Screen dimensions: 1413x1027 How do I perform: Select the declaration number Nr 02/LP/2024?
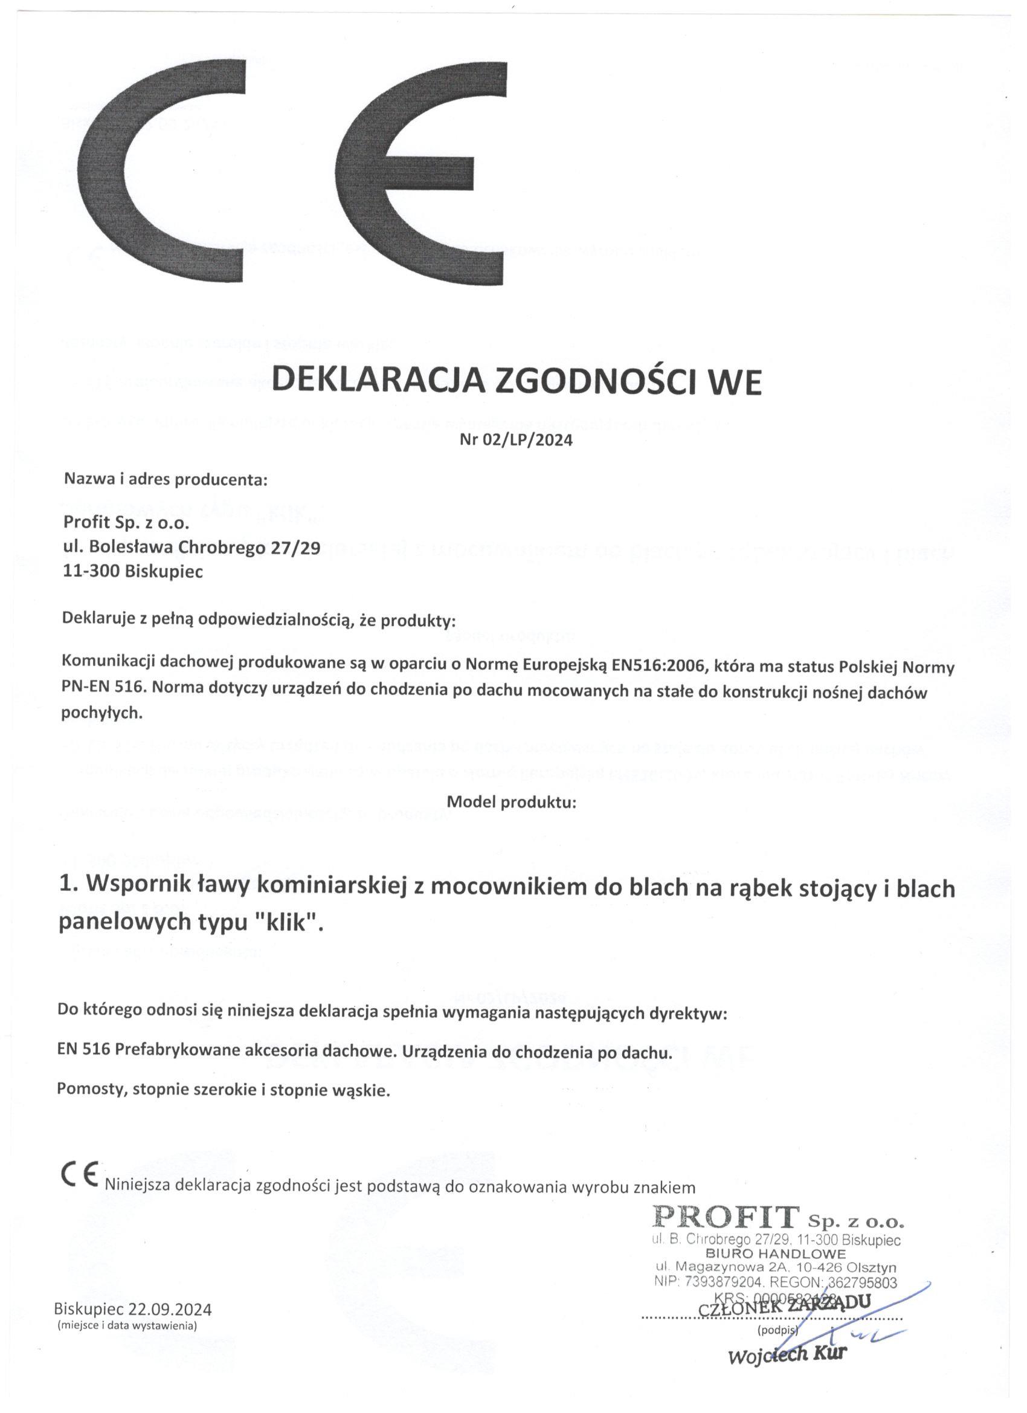pyautogui.click(x=516, y=441)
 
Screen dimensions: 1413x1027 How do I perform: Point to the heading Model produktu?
pyautogui.click(x=512, y=803)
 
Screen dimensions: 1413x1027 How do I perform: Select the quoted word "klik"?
pyautogui.click(x=288, y=923)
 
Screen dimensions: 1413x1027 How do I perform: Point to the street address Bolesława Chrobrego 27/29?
pyautogui.click(x=205, y=548)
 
